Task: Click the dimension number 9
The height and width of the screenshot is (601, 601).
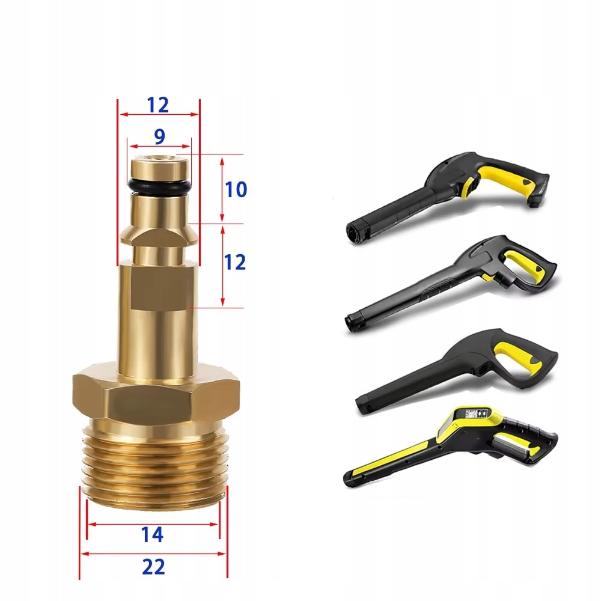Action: point(159,137)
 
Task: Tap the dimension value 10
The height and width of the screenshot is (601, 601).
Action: point(236,189)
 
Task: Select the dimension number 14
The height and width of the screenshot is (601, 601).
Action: point(152,534)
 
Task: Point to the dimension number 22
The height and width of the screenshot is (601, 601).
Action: point(153,567)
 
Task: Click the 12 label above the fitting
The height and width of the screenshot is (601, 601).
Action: point(157,105)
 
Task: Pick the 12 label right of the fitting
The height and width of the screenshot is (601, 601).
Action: point(234,262)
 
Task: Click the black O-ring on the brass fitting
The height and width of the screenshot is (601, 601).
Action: point(159,186)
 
